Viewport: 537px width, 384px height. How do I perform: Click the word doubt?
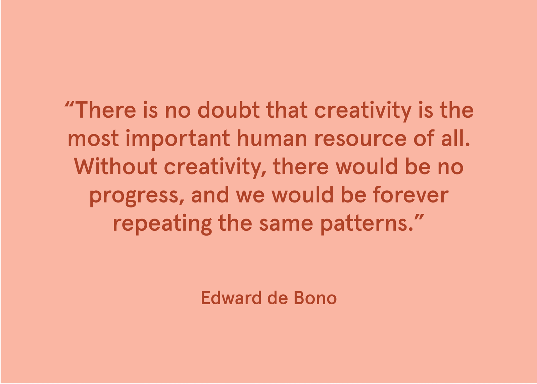point(228,110)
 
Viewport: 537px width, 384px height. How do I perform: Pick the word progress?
point(133,196)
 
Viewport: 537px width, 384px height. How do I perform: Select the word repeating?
point(162,224)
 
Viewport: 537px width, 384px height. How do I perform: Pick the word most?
point(93,139)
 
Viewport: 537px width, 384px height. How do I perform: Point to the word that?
point(287,110)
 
